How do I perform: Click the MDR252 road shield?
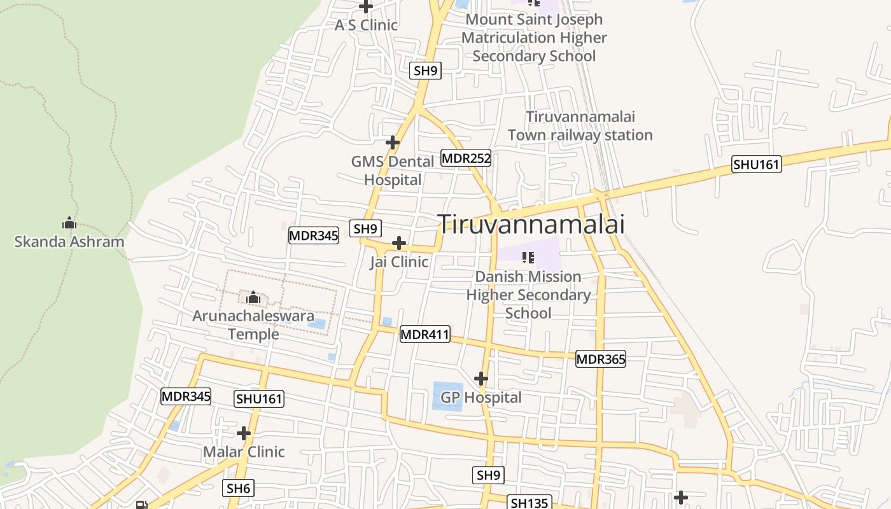466,158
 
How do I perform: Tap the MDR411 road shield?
424,334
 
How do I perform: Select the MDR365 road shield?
600,359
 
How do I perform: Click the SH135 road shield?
529,503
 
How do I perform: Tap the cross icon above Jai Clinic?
399,243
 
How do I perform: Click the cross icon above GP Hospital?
481,379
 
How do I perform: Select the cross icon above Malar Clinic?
244,433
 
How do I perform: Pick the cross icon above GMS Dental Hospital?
393,143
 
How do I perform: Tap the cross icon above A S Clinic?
366,7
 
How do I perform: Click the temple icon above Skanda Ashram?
69,223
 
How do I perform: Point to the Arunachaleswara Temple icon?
253,297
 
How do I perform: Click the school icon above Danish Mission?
528,258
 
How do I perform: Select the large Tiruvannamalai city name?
531,224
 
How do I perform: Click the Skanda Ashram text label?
69,242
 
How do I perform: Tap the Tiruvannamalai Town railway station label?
580,126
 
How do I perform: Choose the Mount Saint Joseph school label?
534,38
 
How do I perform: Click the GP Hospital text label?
481,398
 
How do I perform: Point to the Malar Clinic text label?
244,452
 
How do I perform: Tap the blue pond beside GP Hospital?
448,396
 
